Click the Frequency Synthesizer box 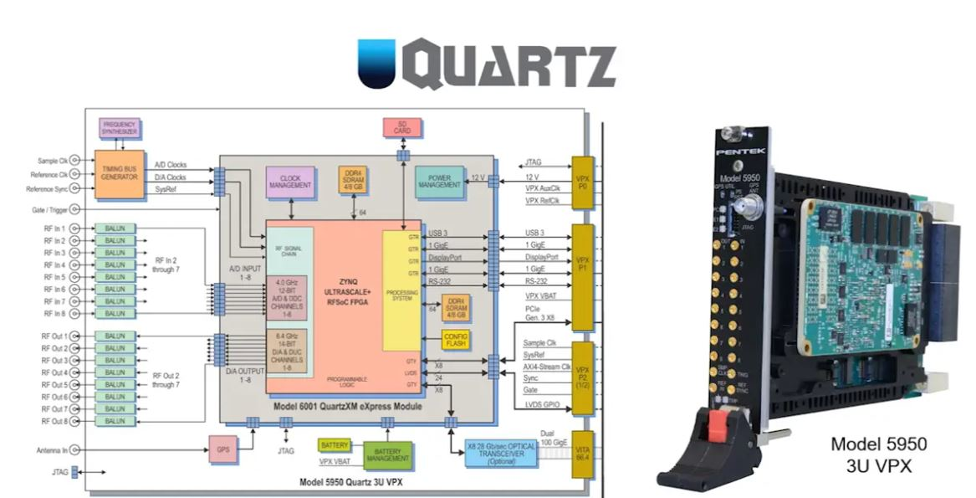[x=119, y=129]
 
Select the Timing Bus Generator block [x=119, y=174]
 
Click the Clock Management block [x=290, y=182]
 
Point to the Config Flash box [x=456, y=341]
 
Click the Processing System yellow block [x=401, y=289]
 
